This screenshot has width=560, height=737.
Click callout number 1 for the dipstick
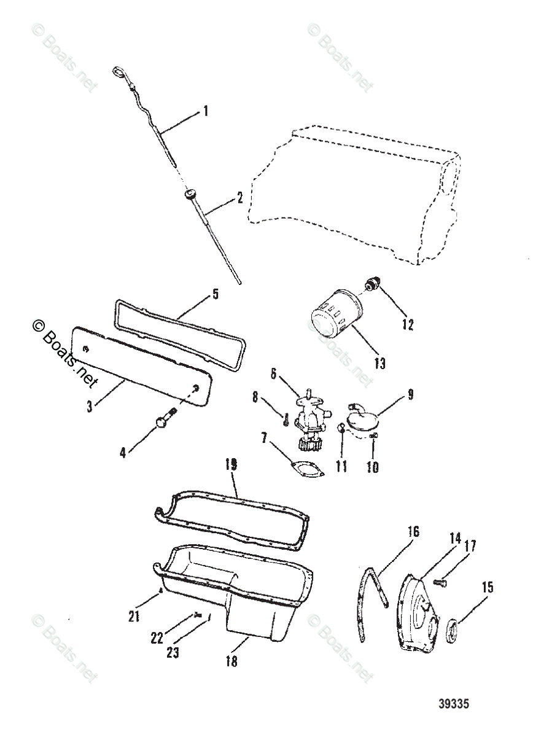coord(206,111)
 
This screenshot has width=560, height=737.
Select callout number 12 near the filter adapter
coord(407,324)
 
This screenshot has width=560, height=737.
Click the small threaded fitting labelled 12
coord(373,284)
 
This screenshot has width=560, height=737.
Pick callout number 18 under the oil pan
coord(231,661)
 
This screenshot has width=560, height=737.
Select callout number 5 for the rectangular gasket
coord(215,294)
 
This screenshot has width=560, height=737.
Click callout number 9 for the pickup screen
coord(411,394)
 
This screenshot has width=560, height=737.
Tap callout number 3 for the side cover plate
coord(90,406)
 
